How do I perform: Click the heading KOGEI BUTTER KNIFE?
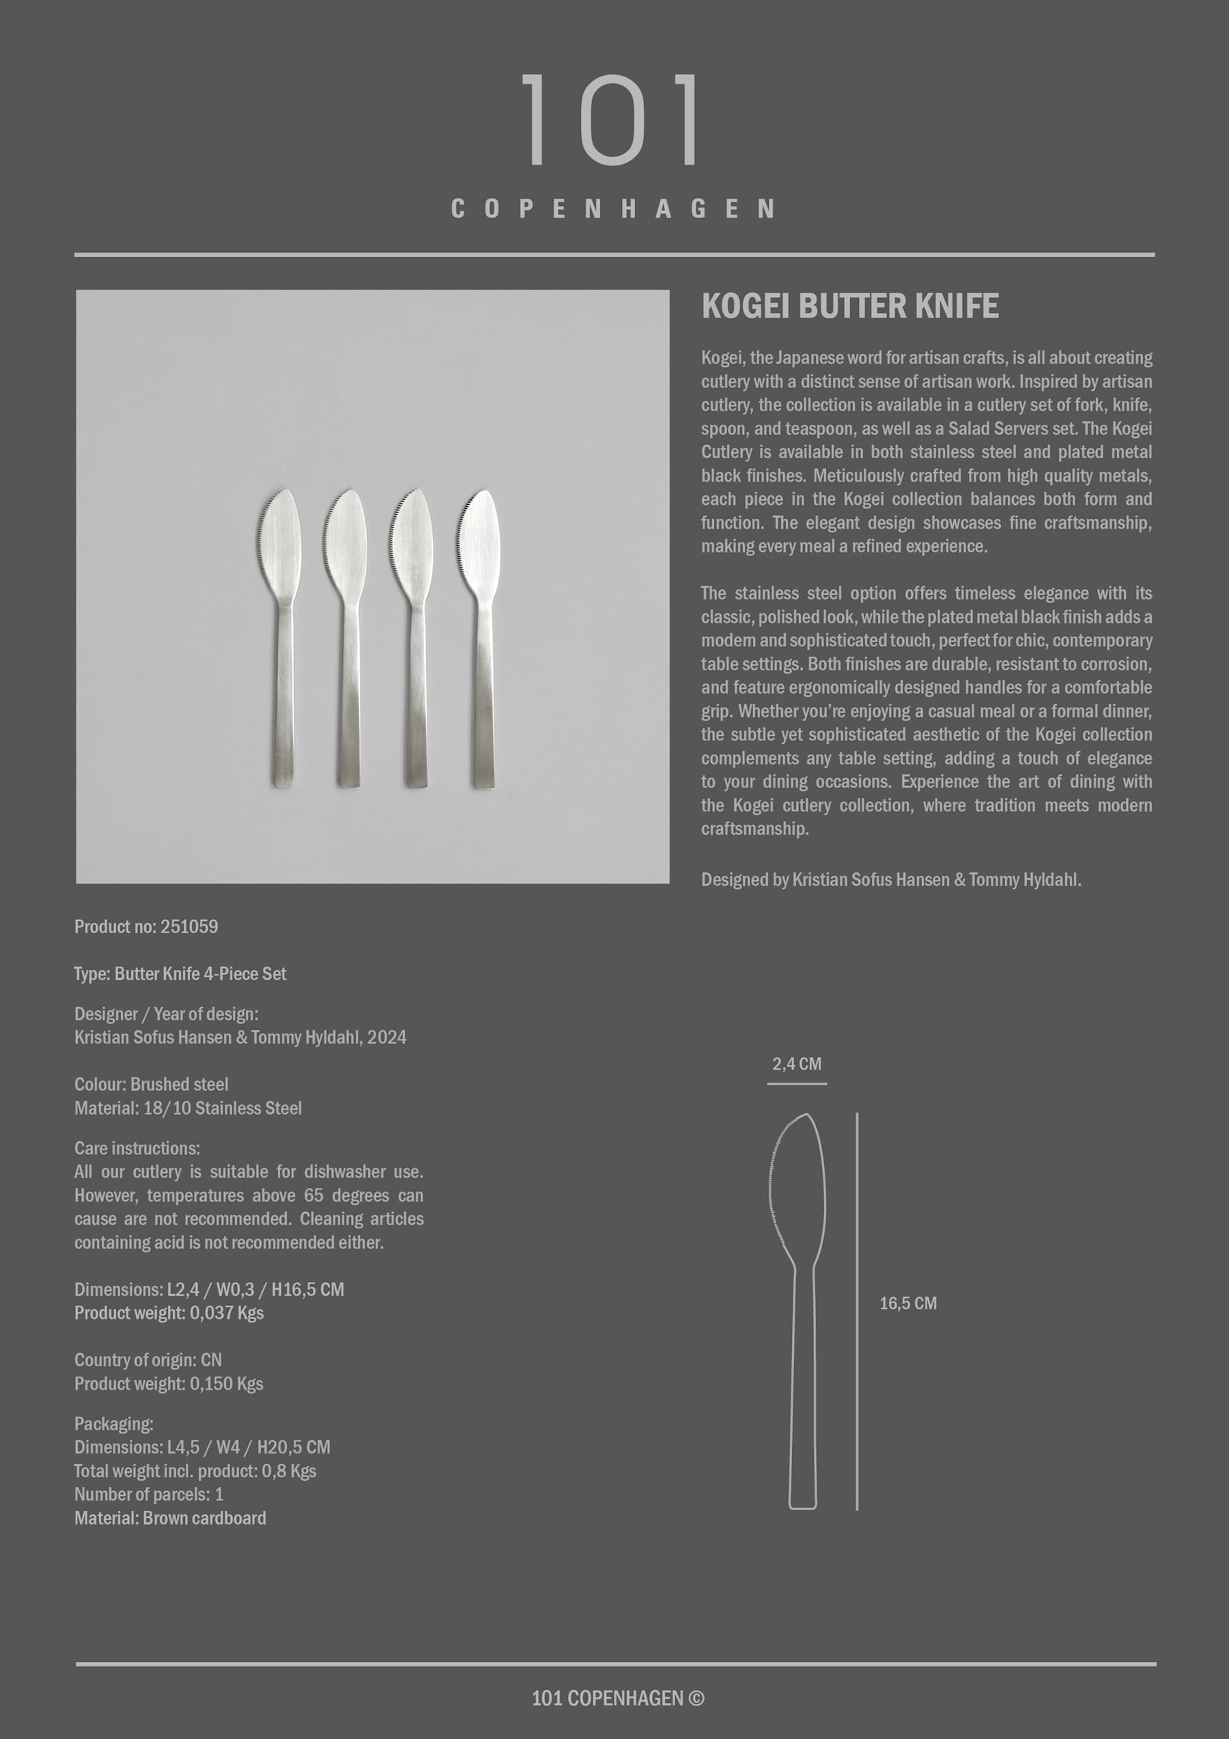pos(849,306)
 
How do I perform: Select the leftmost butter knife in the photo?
pos(282,636)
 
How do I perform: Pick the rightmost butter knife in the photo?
pos(481,636)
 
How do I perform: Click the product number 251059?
pos(189,926)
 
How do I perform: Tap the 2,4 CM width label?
pos(797,1063)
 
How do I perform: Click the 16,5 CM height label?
pos(908,1303)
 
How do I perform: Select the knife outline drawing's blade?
pos(798,1189)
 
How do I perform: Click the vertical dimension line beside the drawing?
pos(857,1310)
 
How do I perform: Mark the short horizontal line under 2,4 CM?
pos(797,1084)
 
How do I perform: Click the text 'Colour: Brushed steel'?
pos(152,1084)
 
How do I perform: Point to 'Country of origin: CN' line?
pos(147,1359)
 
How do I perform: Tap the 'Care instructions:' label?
pos(137,1148)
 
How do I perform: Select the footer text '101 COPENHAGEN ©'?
pos(617,1698)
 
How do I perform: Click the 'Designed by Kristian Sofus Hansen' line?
pos(890,879)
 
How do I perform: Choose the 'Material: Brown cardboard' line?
pos(169,1518)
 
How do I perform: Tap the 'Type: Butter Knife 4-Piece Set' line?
pos(180,973)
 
